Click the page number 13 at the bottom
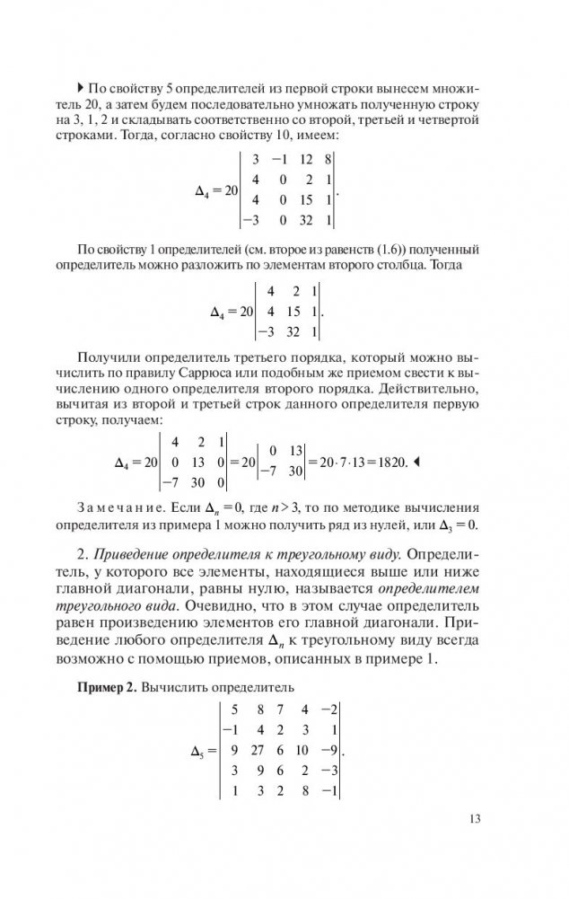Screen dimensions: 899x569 click(476, 818)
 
